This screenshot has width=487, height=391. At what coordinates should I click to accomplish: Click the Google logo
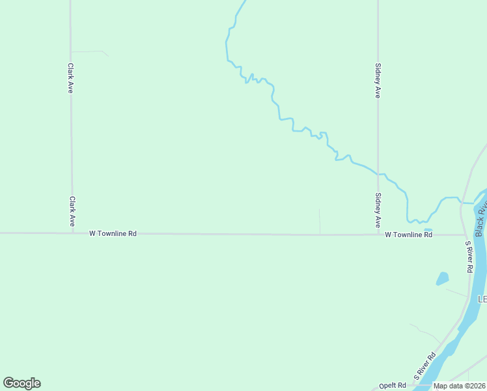22,383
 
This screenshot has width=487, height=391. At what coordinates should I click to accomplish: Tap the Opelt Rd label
394,386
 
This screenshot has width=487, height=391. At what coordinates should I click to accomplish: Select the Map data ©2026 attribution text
459,386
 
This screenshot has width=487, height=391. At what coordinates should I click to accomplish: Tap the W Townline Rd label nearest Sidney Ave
408,234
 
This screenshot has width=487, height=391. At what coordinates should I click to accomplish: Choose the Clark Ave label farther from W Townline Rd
70,78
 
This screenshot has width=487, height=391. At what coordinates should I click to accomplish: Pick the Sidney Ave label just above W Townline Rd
378,210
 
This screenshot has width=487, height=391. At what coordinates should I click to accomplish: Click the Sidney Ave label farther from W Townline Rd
378,80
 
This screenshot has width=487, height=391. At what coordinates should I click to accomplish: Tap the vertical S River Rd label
469,257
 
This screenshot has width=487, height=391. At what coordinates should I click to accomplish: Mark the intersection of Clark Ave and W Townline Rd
72,233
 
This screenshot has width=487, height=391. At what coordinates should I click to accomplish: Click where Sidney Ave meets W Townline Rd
378,234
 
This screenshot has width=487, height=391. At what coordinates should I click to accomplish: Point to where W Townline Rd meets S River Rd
466,234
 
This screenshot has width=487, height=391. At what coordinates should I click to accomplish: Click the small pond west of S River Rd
443,278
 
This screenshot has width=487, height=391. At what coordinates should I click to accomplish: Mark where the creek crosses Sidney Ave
378,174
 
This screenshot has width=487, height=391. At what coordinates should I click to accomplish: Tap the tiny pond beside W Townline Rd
428,230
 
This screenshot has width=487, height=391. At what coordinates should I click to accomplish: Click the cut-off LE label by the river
482,299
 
